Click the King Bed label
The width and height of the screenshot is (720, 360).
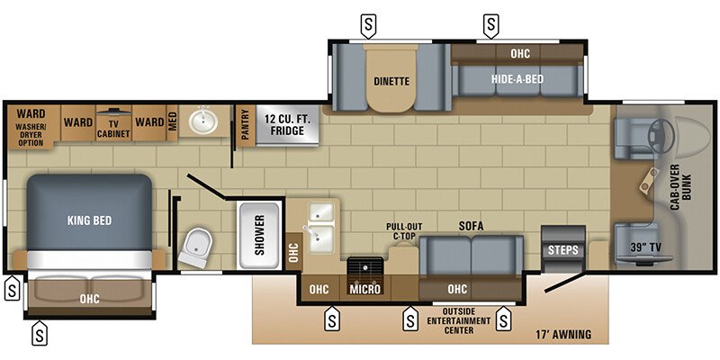tap(88, 219)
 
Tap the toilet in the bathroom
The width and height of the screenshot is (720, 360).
tap(197, 245)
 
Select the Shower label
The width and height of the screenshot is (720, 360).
tap(259, 236)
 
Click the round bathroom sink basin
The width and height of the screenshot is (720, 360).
tap(203, 121)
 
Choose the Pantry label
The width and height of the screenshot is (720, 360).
tap(245, 125)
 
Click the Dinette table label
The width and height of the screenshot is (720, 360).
tap(391, 81)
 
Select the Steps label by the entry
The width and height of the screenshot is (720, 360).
tap(563, 249)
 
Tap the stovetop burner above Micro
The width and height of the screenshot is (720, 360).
tap(366, 267)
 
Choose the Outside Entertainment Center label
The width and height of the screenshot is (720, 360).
tap(459, 320)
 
